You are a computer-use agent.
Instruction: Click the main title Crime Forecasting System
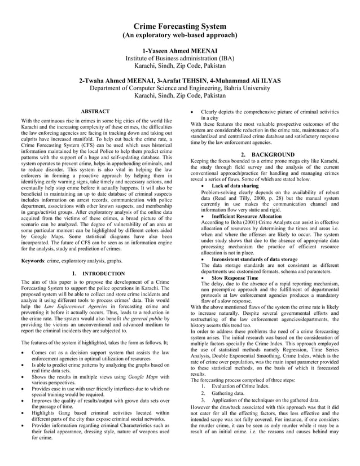pyautogui.click(x=179, y=26)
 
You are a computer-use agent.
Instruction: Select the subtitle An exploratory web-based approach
pyautogui.click(x=179, y=36)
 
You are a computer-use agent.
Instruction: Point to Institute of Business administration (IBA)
pyautogui.click(x=179, y=58)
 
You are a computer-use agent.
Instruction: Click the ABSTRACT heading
pyautogui.click(x=95, y=112)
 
